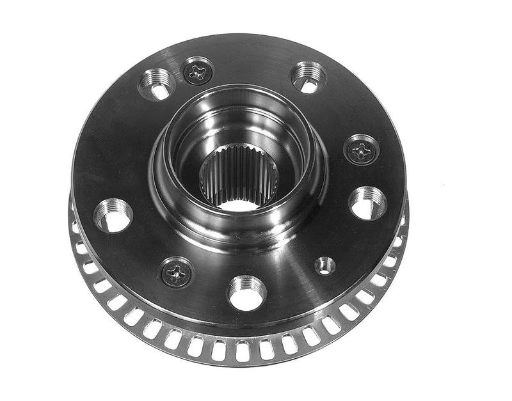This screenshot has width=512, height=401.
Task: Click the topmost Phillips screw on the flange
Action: tap(198, 71)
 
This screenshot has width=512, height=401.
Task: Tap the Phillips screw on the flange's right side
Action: tap(362, 150)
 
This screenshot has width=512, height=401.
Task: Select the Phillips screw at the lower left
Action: tap(177, 272)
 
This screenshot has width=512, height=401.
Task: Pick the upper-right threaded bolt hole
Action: tap(308, 77)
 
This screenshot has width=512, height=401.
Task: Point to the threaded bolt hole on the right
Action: tap(368, 203)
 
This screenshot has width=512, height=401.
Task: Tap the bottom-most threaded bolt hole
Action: tap(247, 292)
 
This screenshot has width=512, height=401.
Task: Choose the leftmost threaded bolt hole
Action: tap(113, 215)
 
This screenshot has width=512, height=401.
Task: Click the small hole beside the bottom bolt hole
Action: tap(324, 265)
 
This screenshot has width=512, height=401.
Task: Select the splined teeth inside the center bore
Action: tap(238, 173)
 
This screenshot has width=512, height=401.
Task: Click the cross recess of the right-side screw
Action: tap(362, 150)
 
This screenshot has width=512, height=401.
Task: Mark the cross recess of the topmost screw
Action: tap(198, 71)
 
